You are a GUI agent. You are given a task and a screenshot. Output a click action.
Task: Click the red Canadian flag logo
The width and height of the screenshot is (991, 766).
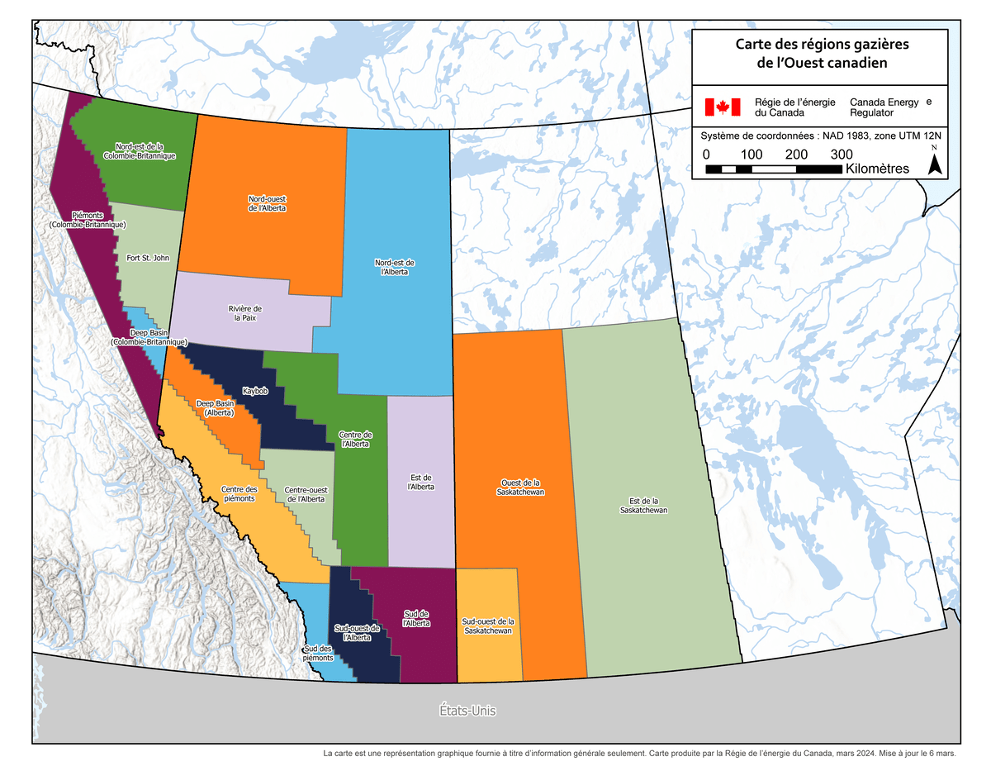(721, 107)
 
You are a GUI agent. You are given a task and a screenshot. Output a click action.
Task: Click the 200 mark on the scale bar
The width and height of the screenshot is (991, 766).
(796, 155)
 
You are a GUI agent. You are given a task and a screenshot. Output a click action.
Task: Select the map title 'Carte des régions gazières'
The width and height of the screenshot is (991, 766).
(818, 44)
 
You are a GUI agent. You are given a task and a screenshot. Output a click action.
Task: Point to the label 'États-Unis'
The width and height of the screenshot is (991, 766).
(467, 710)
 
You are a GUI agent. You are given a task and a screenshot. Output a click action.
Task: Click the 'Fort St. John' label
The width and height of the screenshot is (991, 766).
(148, 258)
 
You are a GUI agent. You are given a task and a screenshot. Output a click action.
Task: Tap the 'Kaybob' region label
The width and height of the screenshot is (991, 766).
(255, 390)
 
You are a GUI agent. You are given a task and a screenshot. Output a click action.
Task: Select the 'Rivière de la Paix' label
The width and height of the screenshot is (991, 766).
(245, 313)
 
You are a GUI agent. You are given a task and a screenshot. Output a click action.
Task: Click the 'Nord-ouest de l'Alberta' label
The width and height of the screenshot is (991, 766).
(267, 203)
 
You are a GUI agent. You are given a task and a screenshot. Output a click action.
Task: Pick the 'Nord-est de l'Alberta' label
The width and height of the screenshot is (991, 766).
(395, 267)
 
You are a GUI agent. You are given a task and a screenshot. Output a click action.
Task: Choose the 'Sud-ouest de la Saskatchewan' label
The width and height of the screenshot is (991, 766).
(488, 626)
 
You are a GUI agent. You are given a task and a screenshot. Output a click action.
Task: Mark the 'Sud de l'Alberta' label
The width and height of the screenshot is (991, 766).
(416, 618)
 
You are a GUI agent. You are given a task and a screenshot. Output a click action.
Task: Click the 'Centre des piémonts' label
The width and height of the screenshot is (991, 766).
(239, 494)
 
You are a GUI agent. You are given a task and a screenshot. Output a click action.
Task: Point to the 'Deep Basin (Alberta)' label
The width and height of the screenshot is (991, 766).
(216, 407)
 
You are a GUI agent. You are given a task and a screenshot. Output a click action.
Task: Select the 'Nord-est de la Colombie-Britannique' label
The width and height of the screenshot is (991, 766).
(139, 150)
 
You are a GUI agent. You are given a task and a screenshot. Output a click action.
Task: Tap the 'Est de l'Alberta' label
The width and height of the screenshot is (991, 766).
(421, 483)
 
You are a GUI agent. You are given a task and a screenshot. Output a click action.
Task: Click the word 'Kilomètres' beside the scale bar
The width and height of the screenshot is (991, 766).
(877, 169)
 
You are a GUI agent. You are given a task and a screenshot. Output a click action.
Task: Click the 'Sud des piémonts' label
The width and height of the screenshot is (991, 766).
(318, 653)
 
